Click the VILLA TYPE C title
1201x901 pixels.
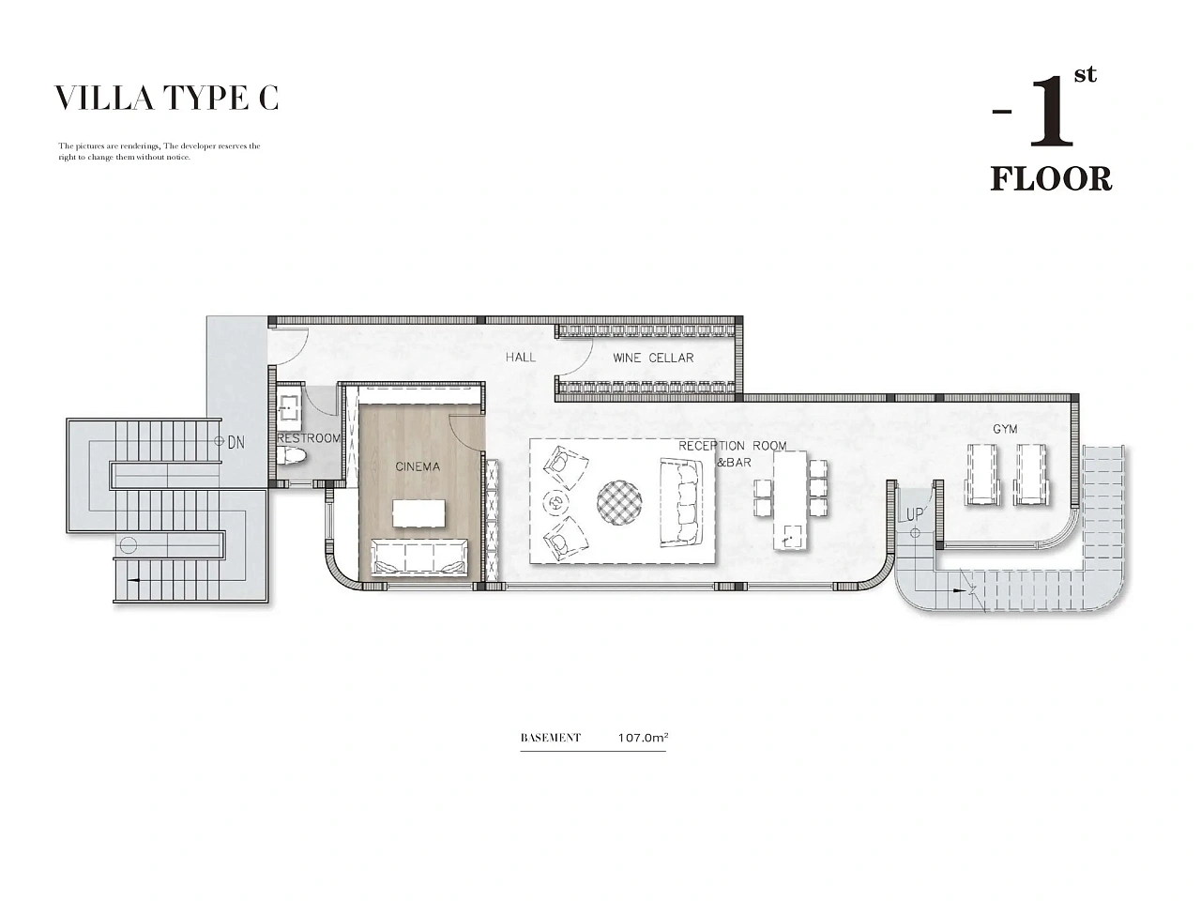(x=166, y=99)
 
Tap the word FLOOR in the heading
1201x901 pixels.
(x=1051, y=179)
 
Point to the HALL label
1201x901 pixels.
(x=521, y=358)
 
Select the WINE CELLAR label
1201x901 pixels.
(x=653, y=358)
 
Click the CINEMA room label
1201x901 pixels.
(x=418, y=466)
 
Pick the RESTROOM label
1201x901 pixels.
(x=309, y=438)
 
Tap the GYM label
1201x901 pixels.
(x=1005, y=429)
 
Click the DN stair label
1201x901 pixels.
(x=236, y=442)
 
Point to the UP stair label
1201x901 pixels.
(x=915, y=514)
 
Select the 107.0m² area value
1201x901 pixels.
(x=643, y=738)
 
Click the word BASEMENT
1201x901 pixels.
(x=551, y=738)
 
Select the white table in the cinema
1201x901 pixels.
(x=418, y=513)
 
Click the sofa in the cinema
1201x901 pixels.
(x=419, y=557)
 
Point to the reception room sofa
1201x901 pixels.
(x=680, y=503)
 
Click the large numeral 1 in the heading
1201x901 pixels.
(x=1051, y=114)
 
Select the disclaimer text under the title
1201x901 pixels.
(x=160, y=151)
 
